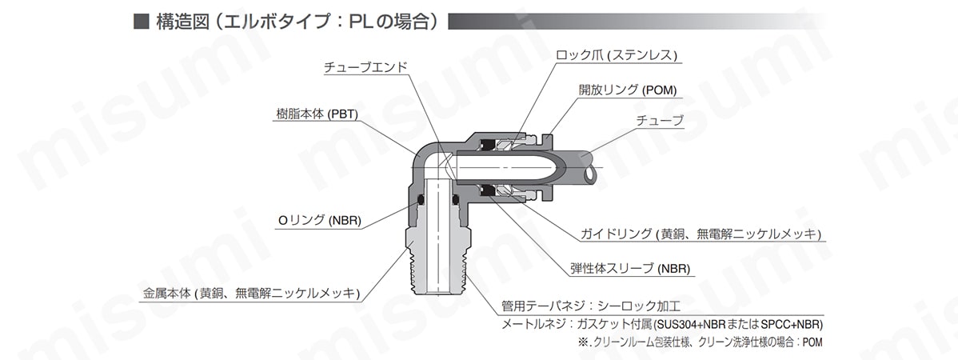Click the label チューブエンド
point(365,68)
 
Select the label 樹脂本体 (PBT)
point(316,114)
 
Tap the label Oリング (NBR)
point(319,221)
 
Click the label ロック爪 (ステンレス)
point(617,55)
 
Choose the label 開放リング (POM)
point(628,90)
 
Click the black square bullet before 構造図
point(140,22)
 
